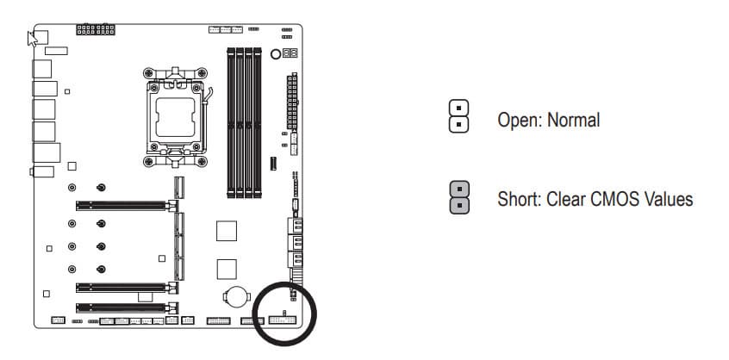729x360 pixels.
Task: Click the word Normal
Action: coord(573,120)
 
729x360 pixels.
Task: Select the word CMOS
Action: coord(614,199)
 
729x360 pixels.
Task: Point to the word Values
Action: coord(669,199)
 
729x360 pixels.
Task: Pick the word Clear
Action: coord(565,199)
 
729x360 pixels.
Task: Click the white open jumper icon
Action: coord(459,116)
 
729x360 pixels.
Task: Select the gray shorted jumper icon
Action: coord(459,197)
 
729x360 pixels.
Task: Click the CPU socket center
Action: coord(175,117)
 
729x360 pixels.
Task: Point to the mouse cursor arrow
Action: coord(32,39)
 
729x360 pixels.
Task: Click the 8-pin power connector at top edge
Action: coord(96,29)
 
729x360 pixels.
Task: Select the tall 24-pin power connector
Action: coord(292,101)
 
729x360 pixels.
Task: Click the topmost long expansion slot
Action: coord(127,205)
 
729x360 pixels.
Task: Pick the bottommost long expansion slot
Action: coord(127,307)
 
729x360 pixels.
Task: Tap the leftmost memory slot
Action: coord(231,122)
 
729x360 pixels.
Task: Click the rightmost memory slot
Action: coord(257,122)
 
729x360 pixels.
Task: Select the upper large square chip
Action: coord(227,231)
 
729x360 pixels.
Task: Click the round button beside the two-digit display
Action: coord(276,54)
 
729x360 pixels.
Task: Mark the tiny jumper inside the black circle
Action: coord(285,313)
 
